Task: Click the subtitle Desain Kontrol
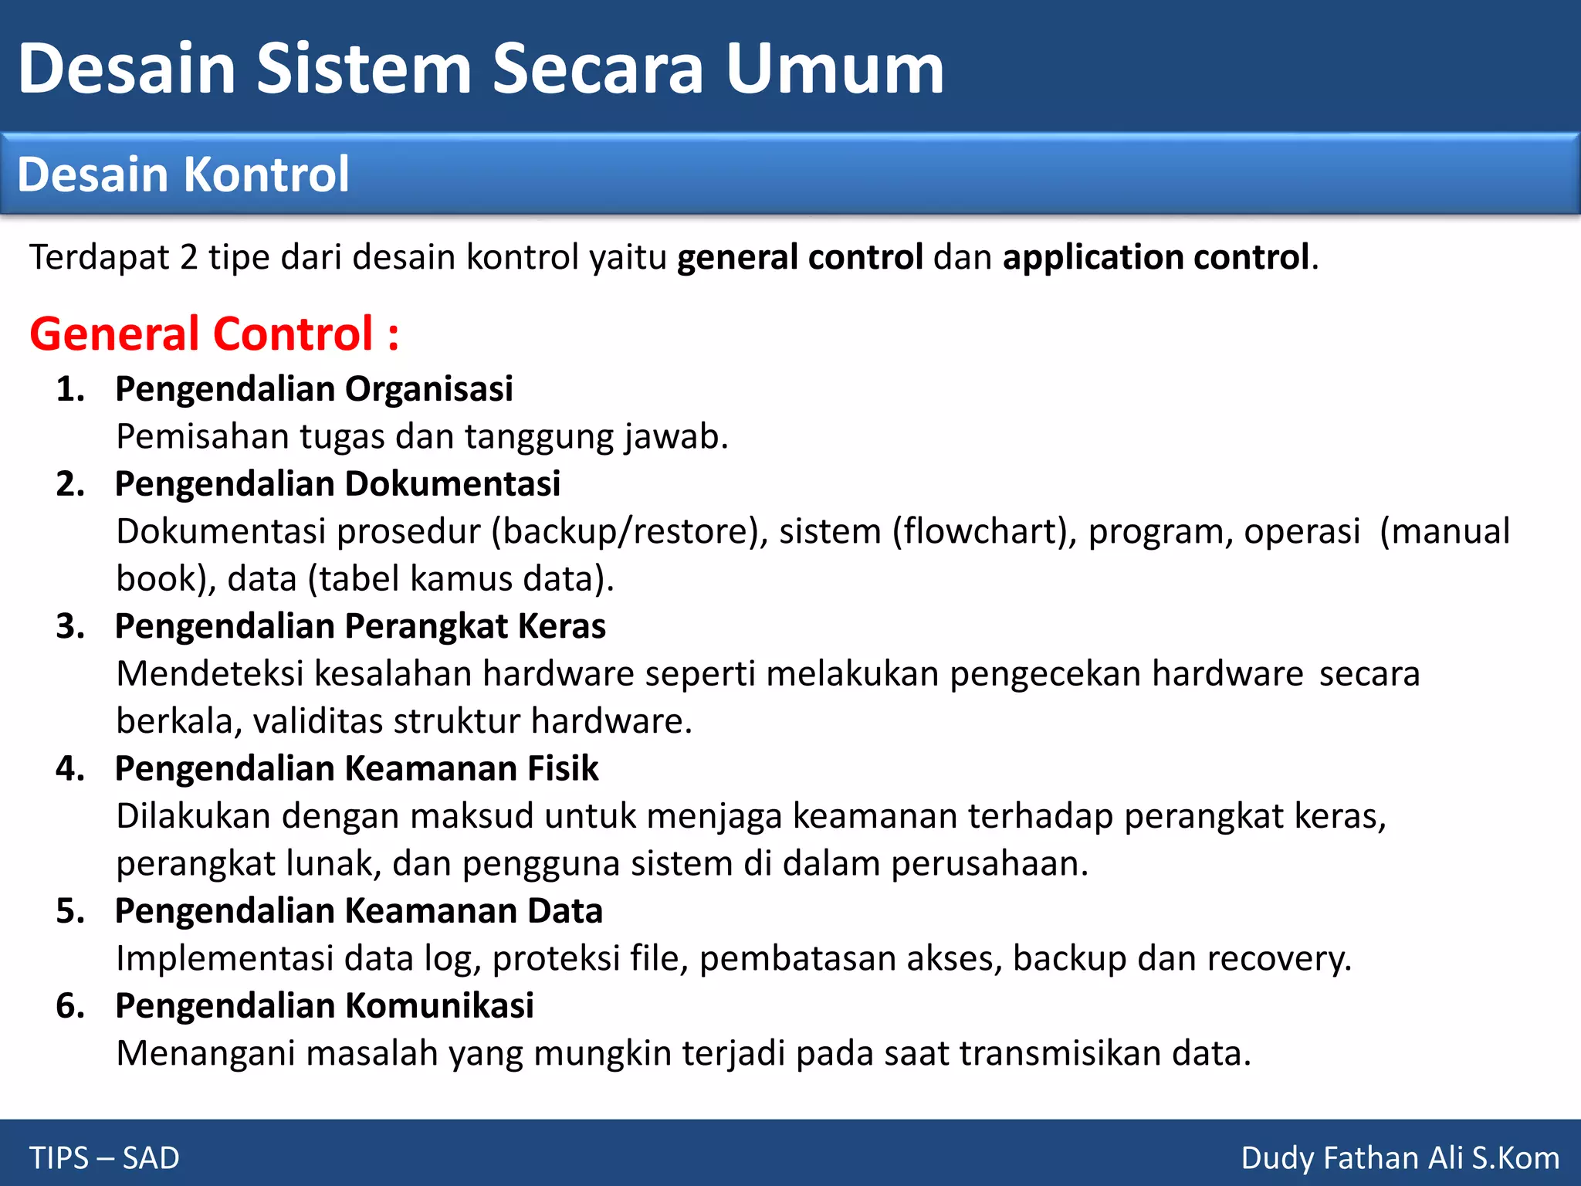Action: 183,175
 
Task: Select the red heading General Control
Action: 214,334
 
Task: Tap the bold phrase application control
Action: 1155,257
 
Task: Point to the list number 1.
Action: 69,388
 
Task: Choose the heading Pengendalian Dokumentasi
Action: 337,484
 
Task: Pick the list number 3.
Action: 69,626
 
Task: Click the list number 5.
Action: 69,911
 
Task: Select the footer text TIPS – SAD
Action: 104,1158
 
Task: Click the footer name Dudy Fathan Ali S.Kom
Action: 1400,1158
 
